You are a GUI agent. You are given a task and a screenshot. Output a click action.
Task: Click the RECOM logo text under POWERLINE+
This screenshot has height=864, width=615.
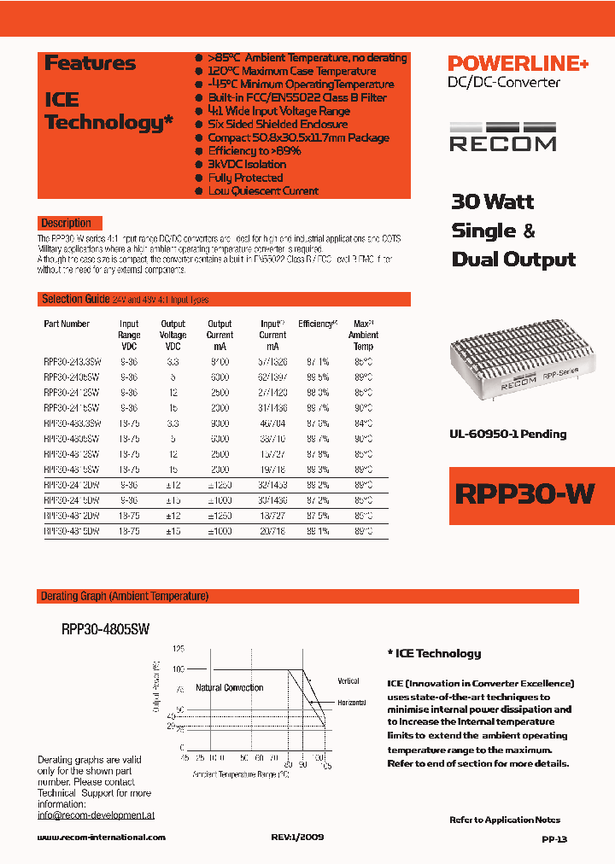(x=502, y=143)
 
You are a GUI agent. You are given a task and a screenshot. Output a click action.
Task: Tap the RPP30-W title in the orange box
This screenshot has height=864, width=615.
(x=525, y=495)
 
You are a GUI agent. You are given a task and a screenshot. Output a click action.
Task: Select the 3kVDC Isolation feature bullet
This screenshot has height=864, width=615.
(x=247, y=164)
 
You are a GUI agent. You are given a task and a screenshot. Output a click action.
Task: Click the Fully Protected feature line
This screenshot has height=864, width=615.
(x=245, y=178)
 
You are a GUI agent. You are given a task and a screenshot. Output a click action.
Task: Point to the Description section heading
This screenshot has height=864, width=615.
(x=66, y=223)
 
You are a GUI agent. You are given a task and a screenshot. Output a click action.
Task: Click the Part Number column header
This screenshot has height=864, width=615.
(x=67, y=324)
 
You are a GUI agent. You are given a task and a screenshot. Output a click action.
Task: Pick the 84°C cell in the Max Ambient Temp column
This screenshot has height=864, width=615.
(x=363, y=423)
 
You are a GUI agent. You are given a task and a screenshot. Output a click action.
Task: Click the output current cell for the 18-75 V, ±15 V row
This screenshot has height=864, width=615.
(x=220, y=531)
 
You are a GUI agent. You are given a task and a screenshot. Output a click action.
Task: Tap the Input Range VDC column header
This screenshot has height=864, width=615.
(x=129, y=336)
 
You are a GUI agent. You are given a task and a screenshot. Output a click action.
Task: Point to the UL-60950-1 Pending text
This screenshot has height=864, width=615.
(x=508, y=434)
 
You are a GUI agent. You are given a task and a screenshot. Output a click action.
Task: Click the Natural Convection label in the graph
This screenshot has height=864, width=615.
(x=230, y=687)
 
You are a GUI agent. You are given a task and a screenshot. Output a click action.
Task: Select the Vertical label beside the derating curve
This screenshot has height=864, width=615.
(x=348, y=680)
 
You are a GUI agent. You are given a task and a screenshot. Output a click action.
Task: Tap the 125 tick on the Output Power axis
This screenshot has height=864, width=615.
(x=178, y=650)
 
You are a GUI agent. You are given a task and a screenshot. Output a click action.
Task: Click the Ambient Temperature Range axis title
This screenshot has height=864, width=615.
(x=241, y=775)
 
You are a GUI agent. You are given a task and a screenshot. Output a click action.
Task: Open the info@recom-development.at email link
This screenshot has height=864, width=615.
(x=96, y=815)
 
